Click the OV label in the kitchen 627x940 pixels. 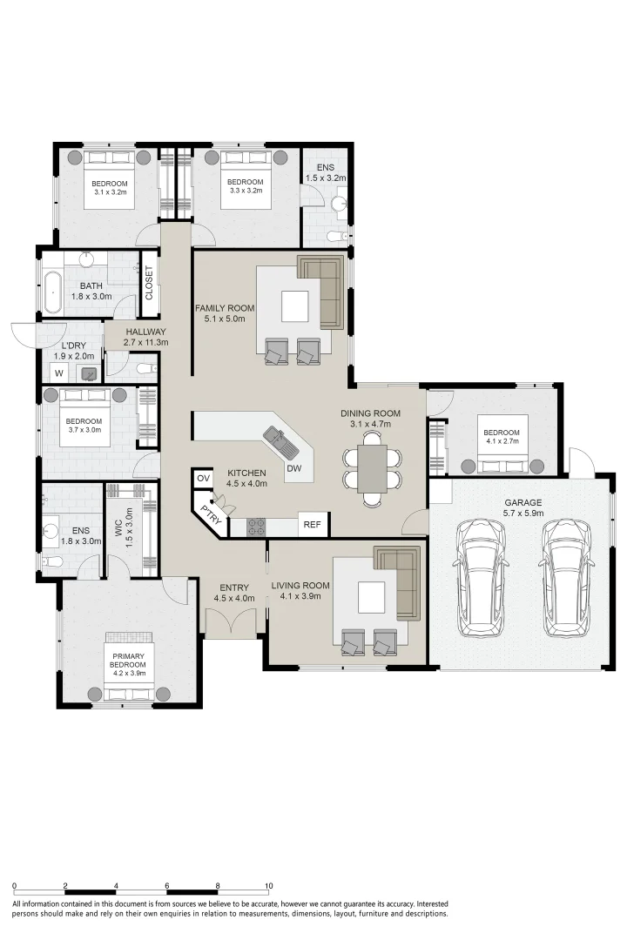[x=204, y=479]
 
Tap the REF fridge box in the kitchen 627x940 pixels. [x=312, y=525]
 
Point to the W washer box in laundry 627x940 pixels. [x=59, y=373]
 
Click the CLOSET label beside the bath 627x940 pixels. [x=149, y=283]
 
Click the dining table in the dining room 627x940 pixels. [x=372, y=468]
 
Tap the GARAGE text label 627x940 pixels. [x=522, y=502]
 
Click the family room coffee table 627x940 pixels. [x=294, y=305]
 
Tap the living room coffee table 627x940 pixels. [x=371, y=597]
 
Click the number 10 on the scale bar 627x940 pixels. [x=269, y=886]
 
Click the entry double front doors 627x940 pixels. [x=231, y=622]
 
